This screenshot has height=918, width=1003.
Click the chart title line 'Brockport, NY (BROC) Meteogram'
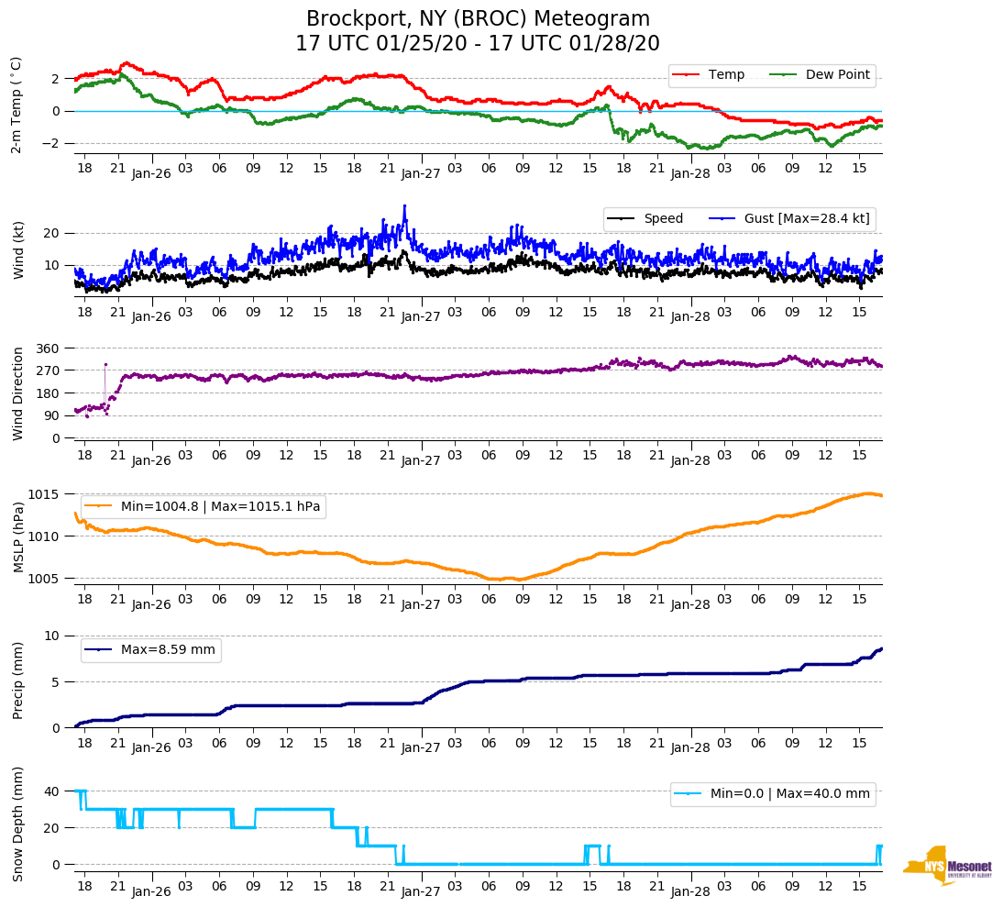[x=478, y=19]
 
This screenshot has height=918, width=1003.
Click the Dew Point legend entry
[x=837, y=74]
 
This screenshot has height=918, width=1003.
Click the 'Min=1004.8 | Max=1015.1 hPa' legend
[x=220, y=506]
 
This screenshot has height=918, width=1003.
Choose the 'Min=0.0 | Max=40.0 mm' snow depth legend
[x=789, y=793]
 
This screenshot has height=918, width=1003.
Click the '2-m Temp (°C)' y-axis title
[x=17, y=105]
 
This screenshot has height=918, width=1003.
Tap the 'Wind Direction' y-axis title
[x=17, y=393]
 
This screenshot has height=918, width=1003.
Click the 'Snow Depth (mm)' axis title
[x=17, y=824]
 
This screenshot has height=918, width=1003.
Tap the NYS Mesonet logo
[x=947, y=866]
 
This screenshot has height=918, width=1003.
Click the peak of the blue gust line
[x=404, y=206]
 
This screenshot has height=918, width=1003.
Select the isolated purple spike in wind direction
[x=105, y=365]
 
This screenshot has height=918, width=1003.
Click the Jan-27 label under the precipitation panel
[x=421, y=748]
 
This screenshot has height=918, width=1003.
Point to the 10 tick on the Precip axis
[x=53, y=636]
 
